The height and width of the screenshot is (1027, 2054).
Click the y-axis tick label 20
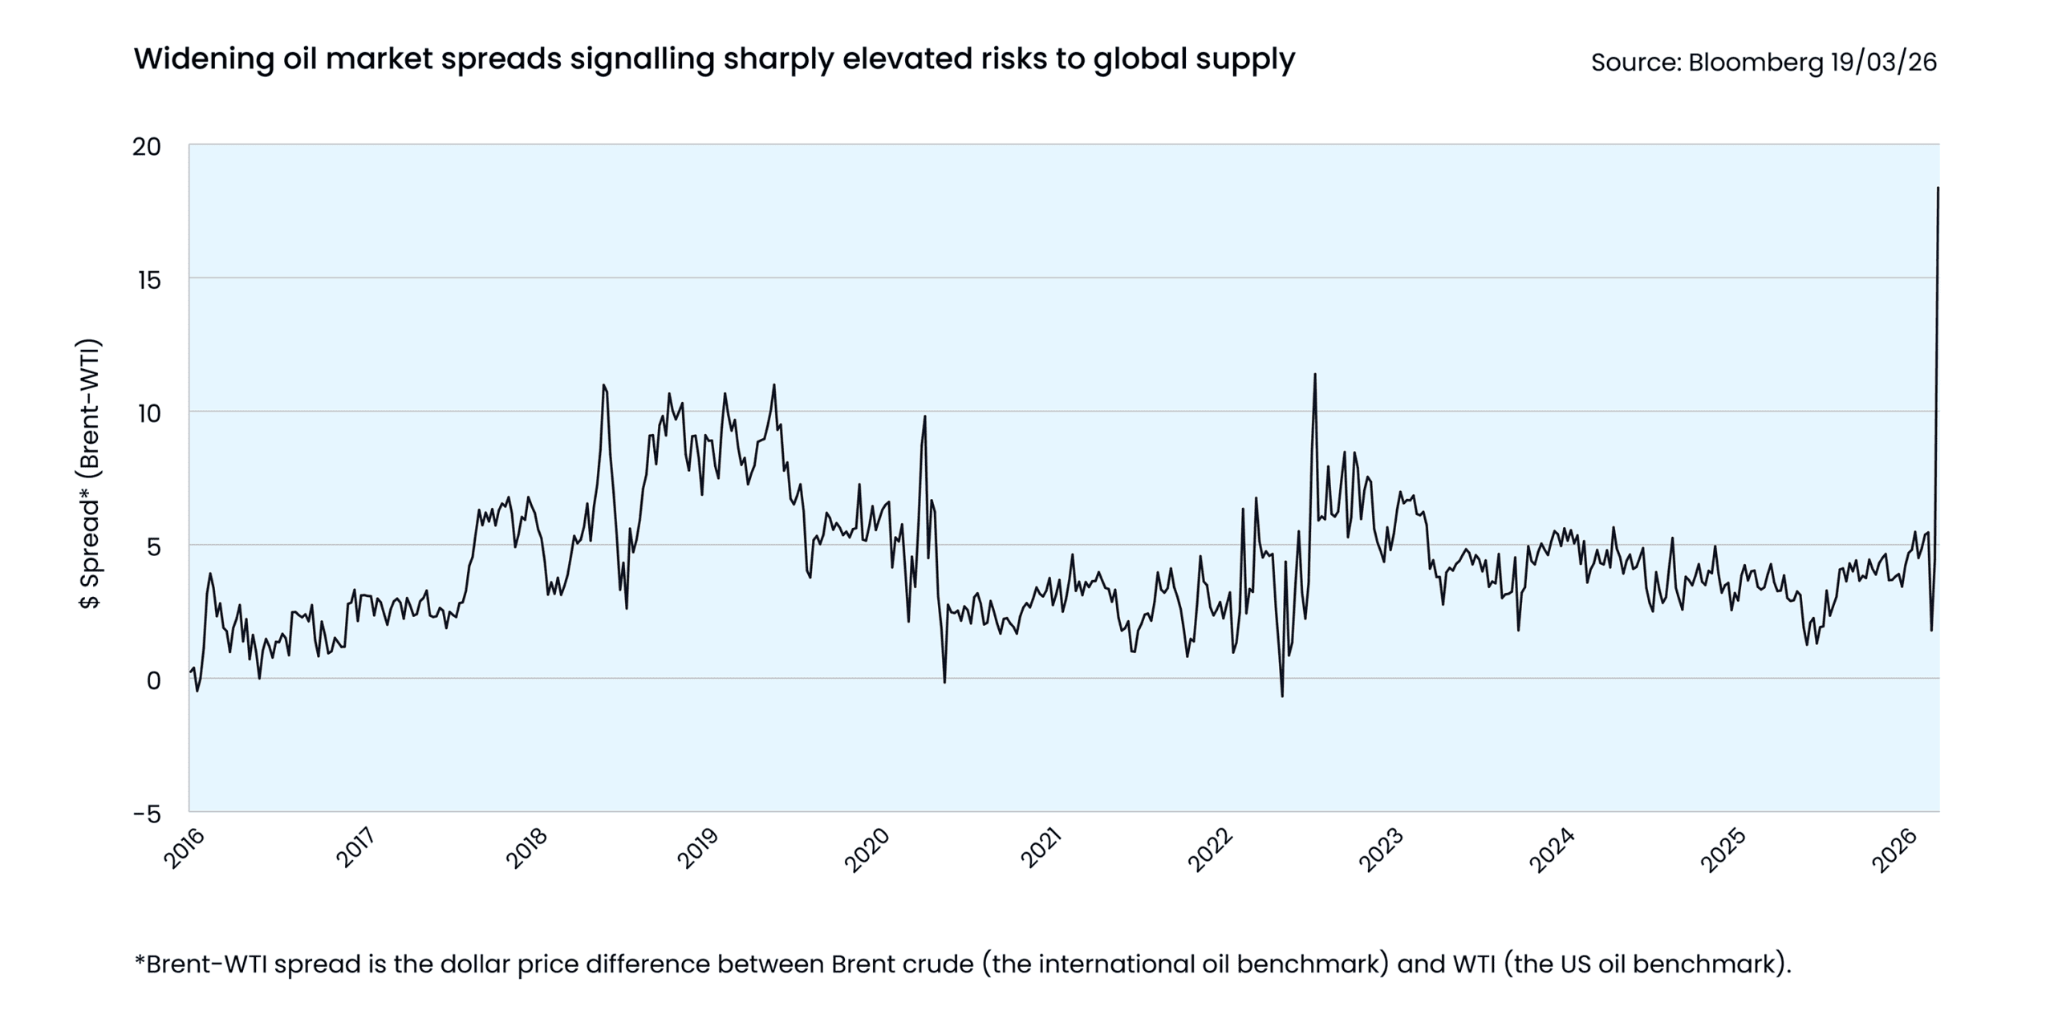point(147,147)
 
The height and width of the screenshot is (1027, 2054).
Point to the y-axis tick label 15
point(148,280)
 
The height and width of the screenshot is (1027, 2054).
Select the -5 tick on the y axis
point(147,814)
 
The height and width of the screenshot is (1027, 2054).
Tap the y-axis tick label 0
point(153,681)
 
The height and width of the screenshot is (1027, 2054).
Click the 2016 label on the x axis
point(185,849)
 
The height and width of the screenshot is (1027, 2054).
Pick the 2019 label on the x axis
point(698,849)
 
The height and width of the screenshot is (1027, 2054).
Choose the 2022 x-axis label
point(1210,849)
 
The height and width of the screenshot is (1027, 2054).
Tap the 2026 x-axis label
point(1894,849)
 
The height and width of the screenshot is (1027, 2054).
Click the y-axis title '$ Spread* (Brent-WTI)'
point(90,473)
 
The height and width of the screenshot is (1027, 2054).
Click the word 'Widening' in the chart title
point(203,59)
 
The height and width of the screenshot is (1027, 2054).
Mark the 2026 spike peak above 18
point(1938,188)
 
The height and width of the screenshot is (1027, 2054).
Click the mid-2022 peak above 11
point(1314,374)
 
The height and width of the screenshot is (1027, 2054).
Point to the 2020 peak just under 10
point(924,416)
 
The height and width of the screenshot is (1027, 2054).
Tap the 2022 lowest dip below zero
point(1282,696)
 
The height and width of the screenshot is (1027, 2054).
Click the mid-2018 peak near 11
point(603,385)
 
